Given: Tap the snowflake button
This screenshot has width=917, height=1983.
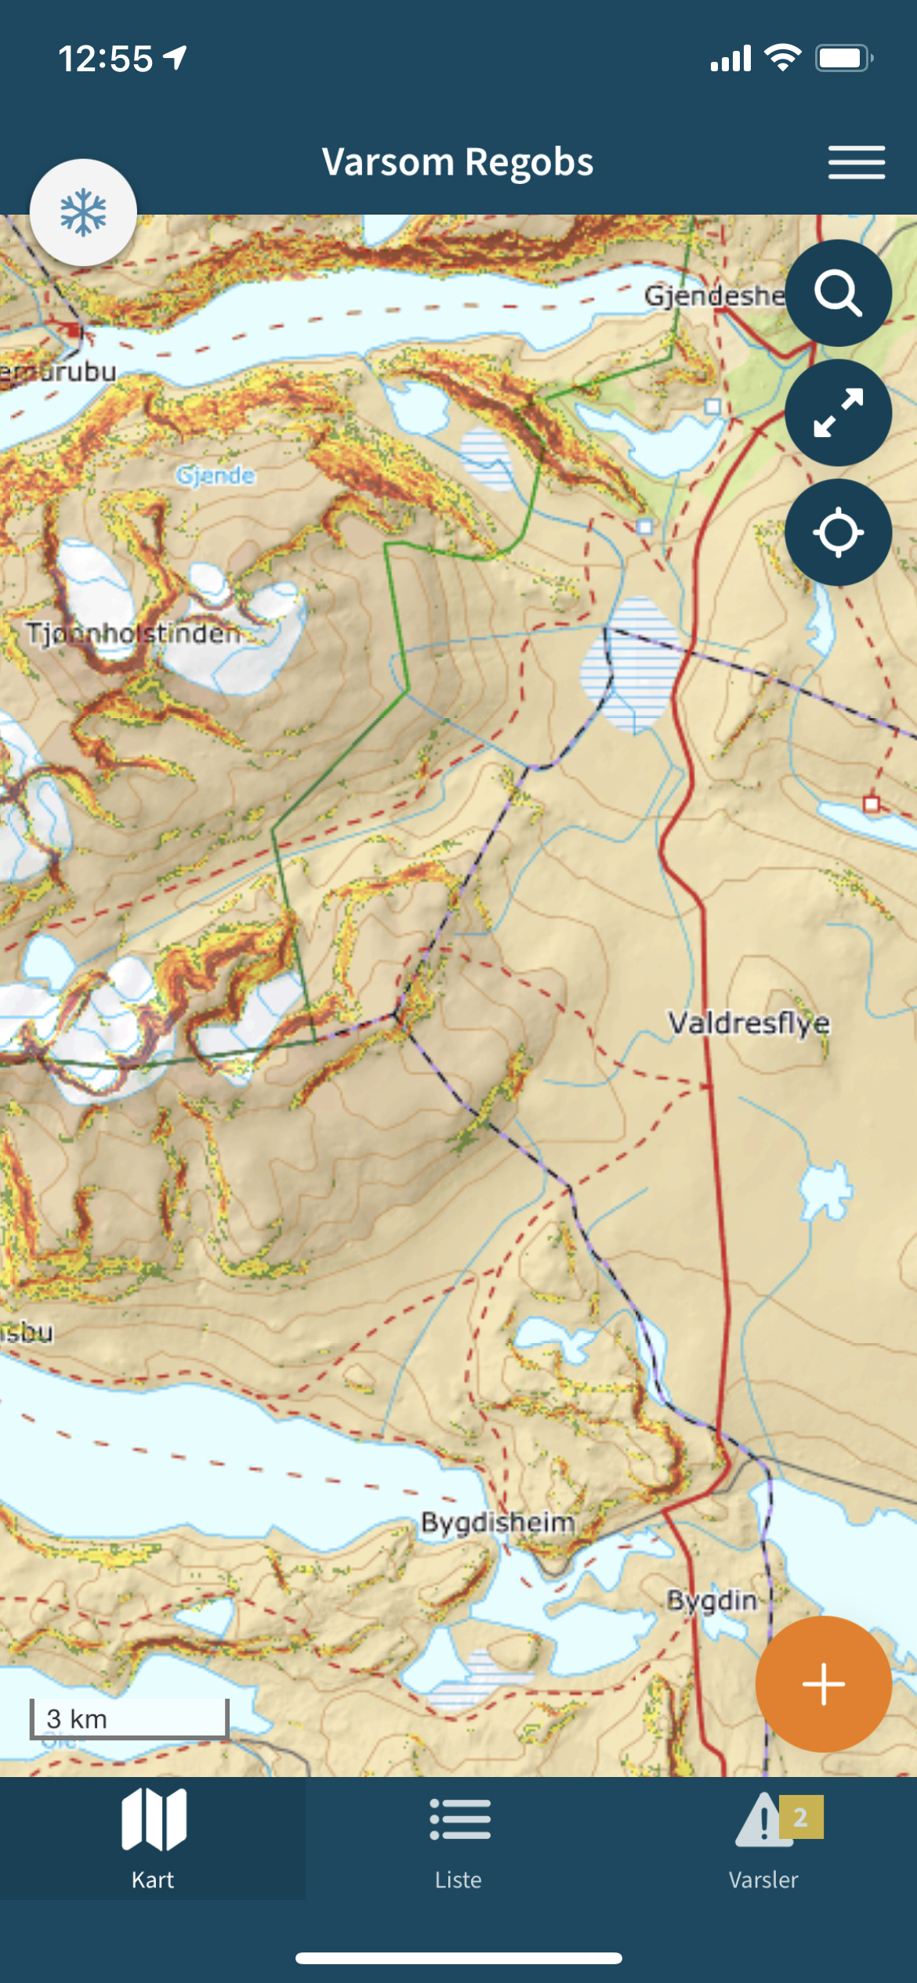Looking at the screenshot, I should click(83, 212).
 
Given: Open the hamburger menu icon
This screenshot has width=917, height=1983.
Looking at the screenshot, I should click(856, 162).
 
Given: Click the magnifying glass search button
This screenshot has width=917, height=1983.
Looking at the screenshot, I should click(838, 293).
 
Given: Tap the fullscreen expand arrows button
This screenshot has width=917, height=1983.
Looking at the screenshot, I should click(838, 413).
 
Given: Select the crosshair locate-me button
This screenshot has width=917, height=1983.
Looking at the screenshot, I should click(838, 533).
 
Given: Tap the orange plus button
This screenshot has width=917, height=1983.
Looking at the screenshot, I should click(823, 1684).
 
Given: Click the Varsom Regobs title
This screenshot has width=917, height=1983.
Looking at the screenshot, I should click(458, 162).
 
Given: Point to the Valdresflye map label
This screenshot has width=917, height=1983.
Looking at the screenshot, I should click(748, 1022).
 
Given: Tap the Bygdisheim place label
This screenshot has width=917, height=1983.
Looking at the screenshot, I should click(498, 1522).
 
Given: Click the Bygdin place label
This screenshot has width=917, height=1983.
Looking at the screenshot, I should click(712, 1600).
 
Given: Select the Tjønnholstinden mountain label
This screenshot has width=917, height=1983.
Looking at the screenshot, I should click(133, 632).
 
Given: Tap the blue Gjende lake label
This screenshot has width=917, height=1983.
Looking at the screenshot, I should click(216, 475).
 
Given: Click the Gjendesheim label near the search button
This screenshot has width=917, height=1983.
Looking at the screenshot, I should click(713, 295).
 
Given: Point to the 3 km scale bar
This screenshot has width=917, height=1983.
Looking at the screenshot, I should click(129, 1718).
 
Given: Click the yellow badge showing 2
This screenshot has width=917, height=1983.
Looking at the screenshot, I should click(800, 1817).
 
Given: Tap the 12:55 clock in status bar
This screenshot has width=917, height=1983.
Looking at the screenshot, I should click(106, 59).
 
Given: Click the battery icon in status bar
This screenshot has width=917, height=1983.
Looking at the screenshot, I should click(843, 58).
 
